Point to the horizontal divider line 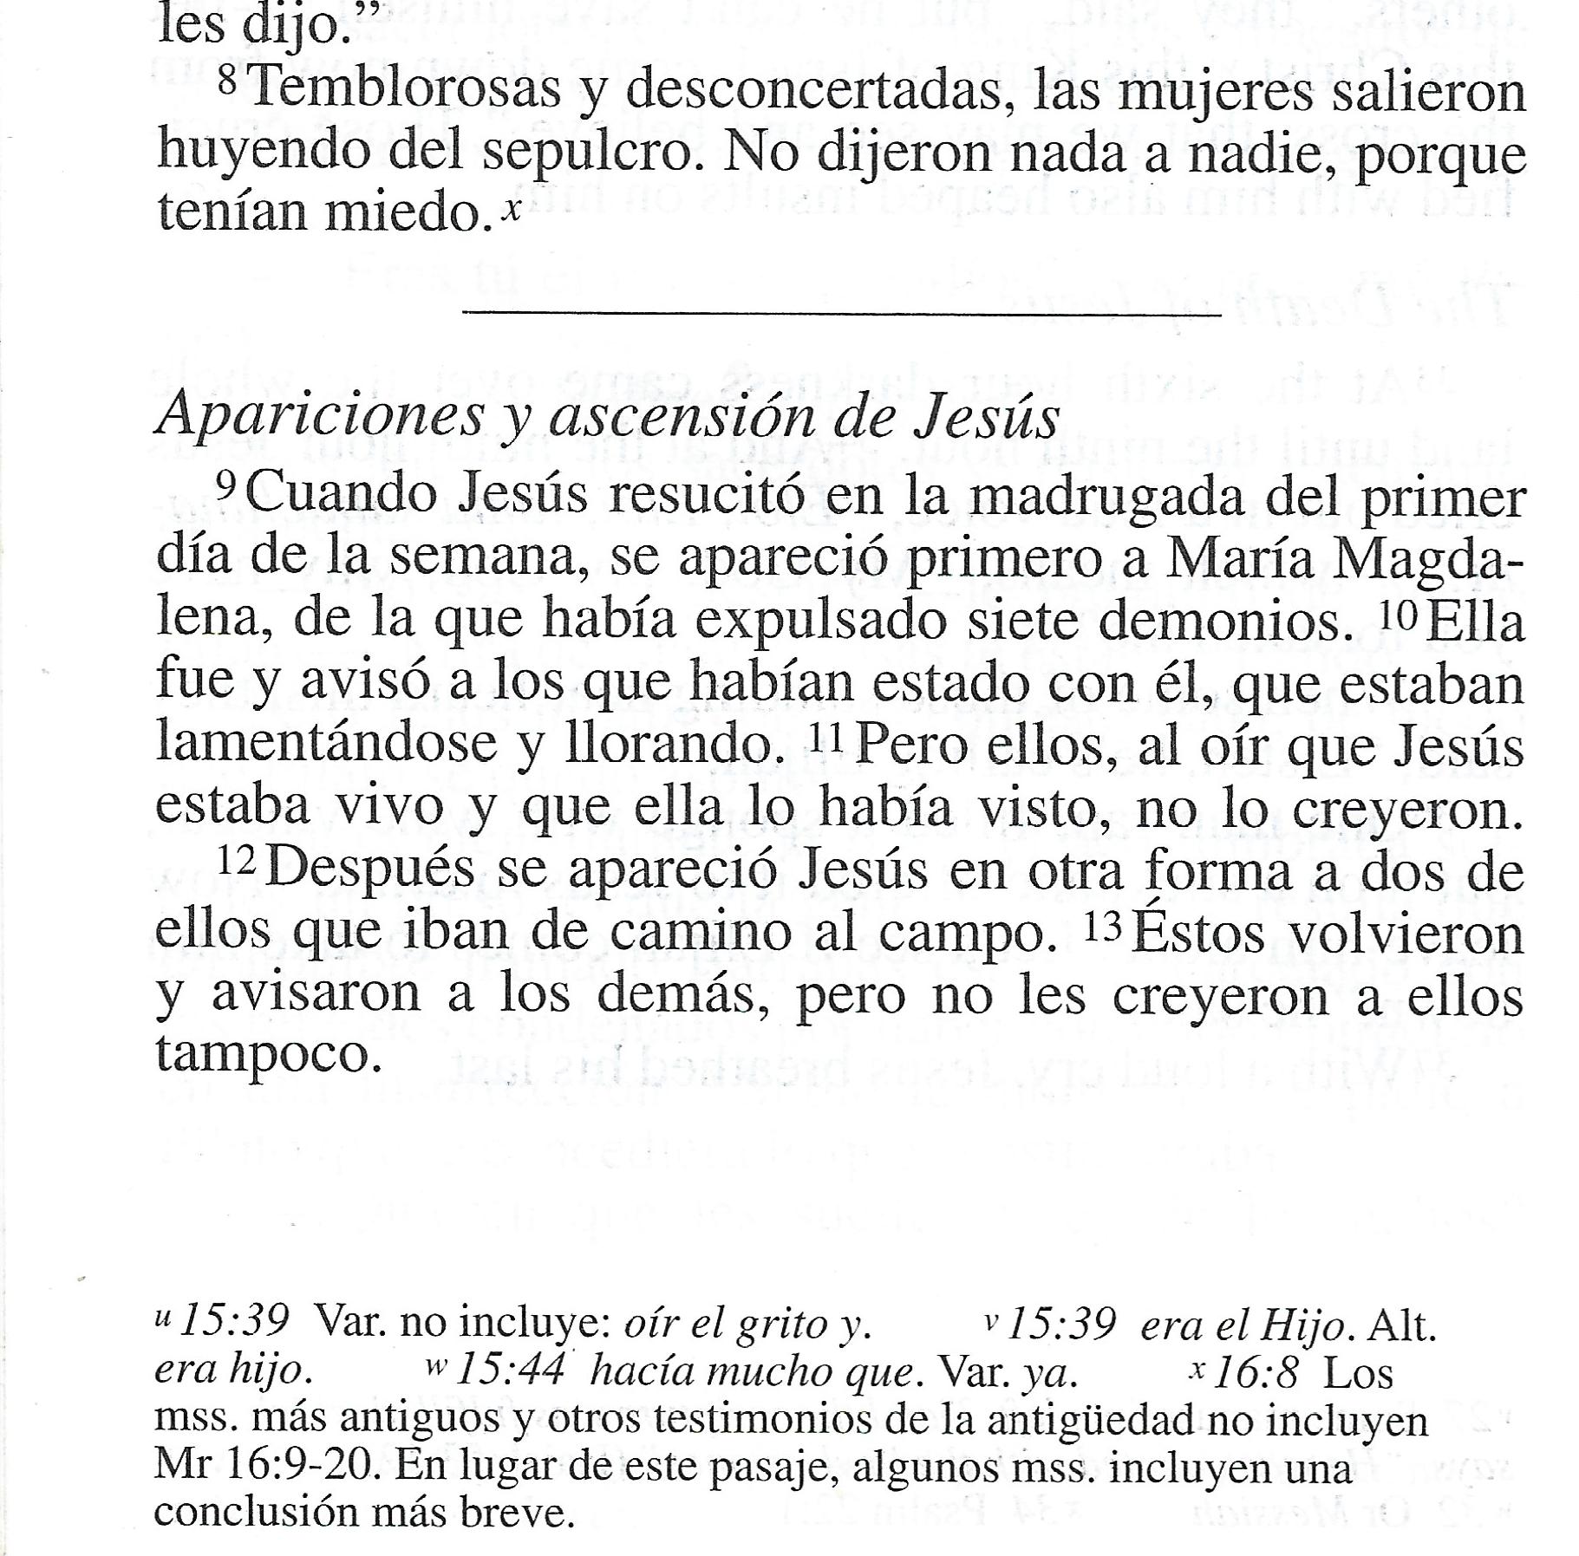point(841,313)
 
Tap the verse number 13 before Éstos point(1104,927)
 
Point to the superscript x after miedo point(512,208)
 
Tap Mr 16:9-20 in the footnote point(264,1466)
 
